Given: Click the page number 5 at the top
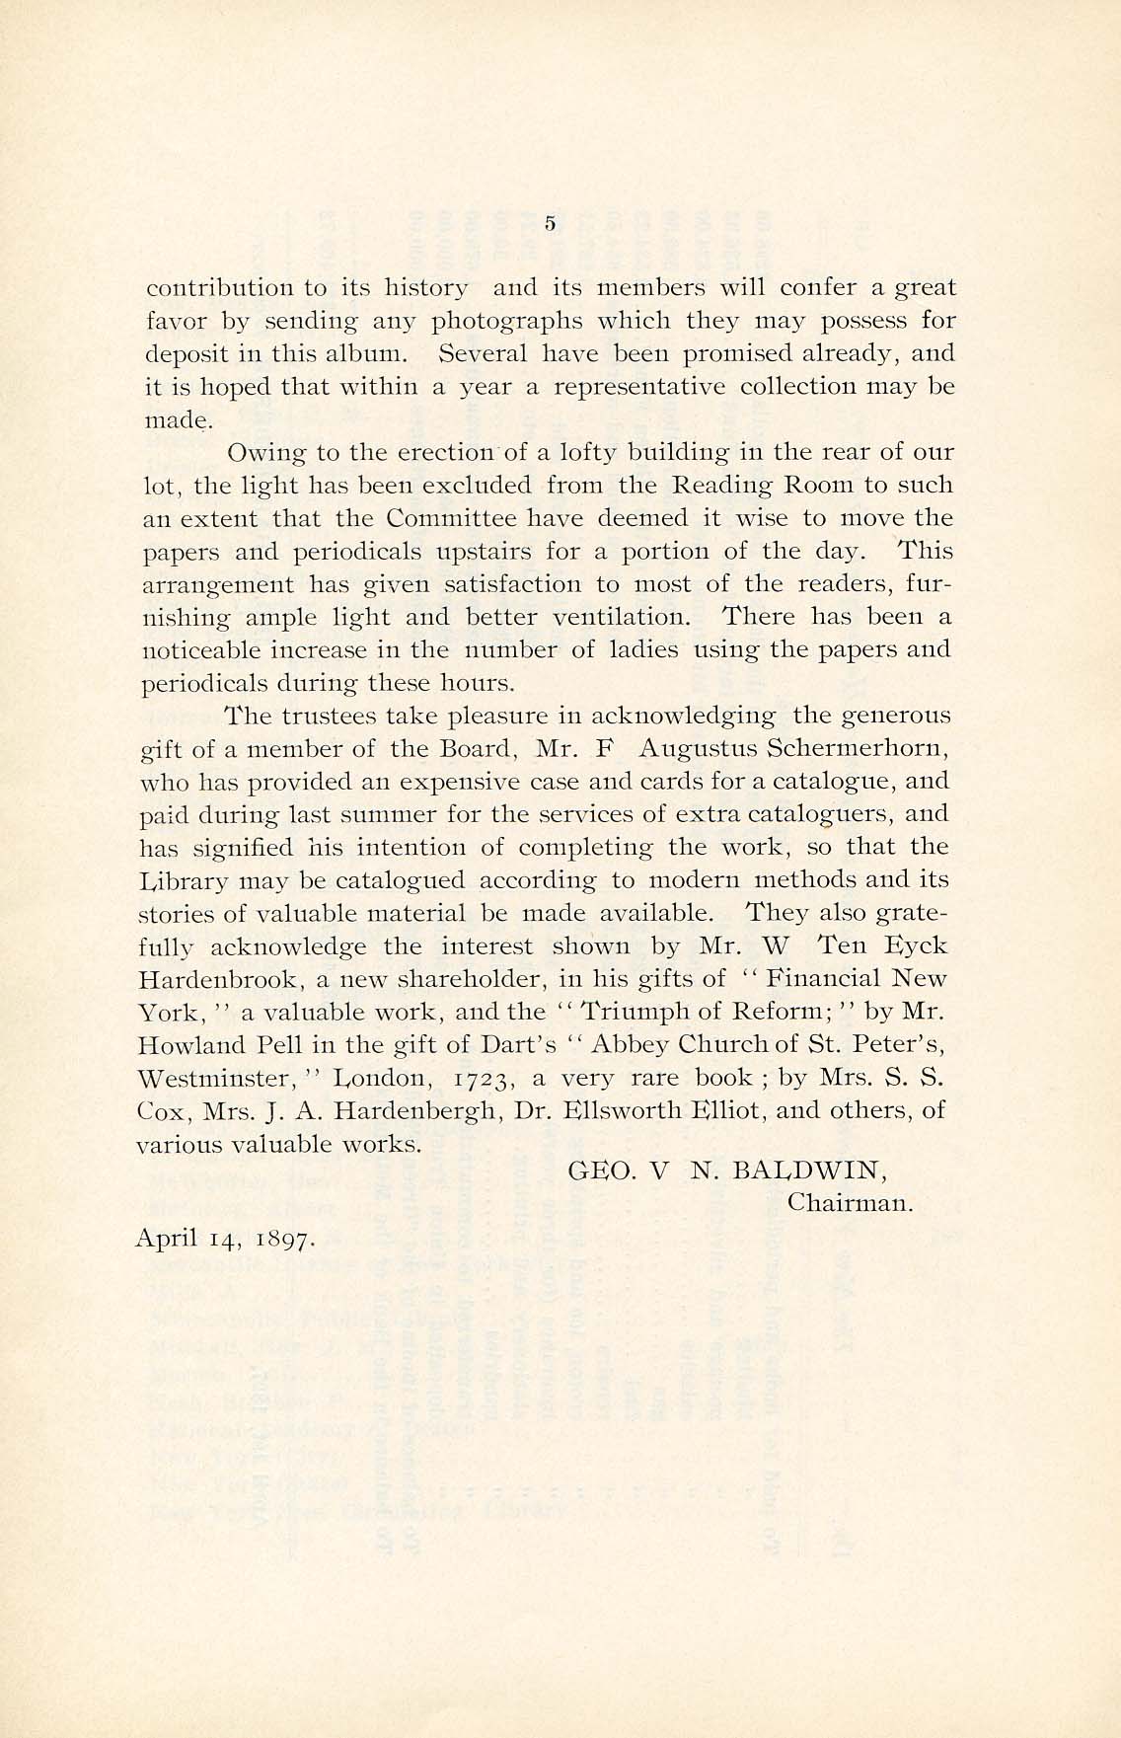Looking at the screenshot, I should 551,224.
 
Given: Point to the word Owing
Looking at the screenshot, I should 259,453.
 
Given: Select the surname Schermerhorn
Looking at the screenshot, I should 857,748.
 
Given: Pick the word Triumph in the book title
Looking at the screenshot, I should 641,1012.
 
